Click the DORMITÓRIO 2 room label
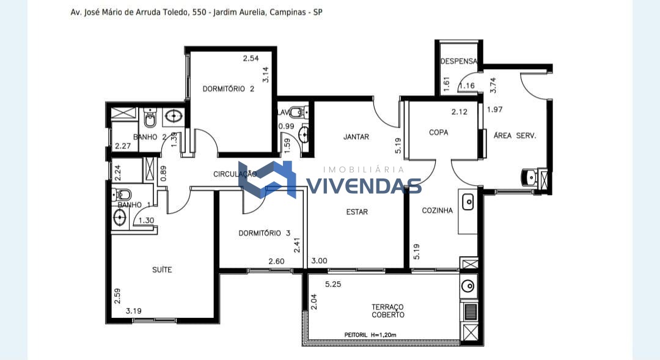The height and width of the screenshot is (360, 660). (x=228, y=89)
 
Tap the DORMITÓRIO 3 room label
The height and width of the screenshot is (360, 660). (x=265, y=233)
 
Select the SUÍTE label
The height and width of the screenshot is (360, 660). (x=162, y=270)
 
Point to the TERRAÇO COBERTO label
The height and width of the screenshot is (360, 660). (x=387, y=310)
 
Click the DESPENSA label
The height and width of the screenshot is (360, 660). (x=459, y=61)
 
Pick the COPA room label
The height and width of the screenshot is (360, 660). (x=439, y=132)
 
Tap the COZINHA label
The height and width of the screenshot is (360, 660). (x=438, y=210)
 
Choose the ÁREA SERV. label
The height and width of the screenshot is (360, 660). (x=515, y=136)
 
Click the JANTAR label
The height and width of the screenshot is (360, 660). (x=356, y=136)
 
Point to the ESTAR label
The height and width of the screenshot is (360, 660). (x=357, y=212)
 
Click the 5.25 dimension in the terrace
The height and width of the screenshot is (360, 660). (x=333, y=284)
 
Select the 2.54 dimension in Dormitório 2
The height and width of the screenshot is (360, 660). (x=251, y=59)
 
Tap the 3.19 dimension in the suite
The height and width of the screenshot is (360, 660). (x=133, y=311)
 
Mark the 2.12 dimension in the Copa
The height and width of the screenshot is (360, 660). (x=459, y=112)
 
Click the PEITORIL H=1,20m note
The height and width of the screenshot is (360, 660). (x=370, y=335)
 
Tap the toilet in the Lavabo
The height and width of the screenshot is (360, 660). (x=298, y=112)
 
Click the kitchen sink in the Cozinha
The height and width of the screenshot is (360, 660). (x=468, y=202)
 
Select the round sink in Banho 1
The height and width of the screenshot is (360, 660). (x=120, y=218)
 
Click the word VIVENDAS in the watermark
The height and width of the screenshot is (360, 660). (x=364, y=186)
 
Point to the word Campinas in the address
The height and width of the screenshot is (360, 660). (x=287, y=12)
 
